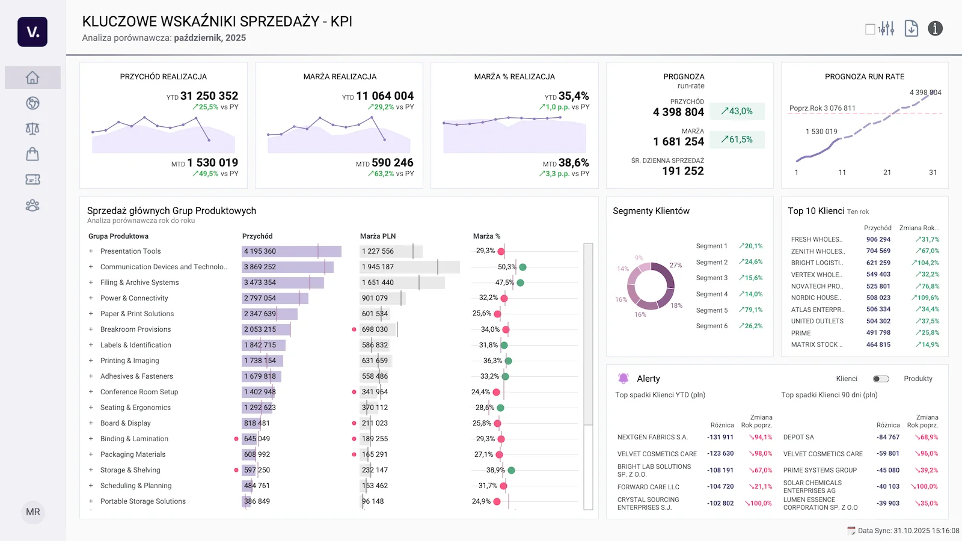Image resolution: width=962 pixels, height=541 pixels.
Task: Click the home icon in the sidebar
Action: [32, 78]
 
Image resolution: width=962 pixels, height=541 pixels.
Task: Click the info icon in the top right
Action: [935, 28]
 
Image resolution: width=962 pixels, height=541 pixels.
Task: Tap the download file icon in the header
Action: [911, 28]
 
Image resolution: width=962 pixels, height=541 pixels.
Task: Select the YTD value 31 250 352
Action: [209, 96]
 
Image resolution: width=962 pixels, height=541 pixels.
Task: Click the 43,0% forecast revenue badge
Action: [737, 111]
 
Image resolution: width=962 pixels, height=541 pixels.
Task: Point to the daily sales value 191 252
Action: [682, 171]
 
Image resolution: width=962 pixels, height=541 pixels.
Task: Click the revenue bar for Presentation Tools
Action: [291, 251]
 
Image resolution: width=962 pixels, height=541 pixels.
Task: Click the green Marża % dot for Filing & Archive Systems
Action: [520, 283]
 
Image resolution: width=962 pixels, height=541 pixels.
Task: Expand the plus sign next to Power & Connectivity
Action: [91, 298]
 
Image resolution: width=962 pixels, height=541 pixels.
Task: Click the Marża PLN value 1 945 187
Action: [378, 267]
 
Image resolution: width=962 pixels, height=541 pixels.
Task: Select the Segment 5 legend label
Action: [711, 310]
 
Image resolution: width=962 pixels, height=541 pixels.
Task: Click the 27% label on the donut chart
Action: [676, 265]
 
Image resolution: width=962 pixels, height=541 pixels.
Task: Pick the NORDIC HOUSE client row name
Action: [816, 298]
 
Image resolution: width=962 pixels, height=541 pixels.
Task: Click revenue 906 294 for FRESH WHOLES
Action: [878, 239]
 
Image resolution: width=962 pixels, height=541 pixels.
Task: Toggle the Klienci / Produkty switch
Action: [881, 379]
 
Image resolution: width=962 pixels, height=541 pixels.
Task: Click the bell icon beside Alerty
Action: [623, 379]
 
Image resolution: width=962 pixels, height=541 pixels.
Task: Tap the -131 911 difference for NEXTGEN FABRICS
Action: [720, 438]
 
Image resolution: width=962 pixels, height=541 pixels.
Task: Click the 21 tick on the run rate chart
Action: [887, 173]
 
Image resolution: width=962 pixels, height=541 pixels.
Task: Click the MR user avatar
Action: [33, 512]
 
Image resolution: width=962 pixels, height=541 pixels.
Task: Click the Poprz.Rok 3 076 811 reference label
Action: [822, 108]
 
